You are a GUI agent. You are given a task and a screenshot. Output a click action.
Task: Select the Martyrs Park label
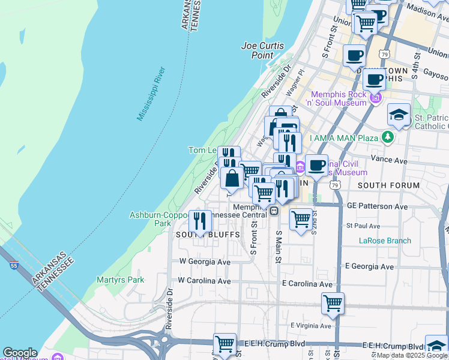point(121,280)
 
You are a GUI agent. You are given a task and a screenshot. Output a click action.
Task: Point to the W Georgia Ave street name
point(205,262)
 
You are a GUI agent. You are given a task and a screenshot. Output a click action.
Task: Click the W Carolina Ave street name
point(205,281)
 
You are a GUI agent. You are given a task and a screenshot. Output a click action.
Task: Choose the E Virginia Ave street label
point(310,326)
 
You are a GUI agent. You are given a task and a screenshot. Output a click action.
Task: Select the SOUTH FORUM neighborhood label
point(389,185)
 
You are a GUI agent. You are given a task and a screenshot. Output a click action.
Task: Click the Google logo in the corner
point(19,353)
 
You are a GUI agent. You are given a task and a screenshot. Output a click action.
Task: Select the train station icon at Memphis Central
point(273,211)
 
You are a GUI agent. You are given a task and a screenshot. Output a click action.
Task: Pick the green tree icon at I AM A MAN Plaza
point(388,137)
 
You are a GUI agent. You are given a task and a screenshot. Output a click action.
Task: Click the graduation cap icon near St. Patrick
point(399,114)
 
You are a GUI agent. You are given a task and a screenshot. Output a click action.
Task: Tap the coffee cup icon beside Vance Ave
point(316,164)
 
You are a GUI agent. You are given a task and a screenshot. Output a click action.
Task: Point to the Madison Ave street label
point(427,9)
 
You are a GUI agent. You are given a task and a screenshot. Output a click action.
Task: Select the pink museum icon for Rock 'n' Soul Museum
point(376,97)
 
